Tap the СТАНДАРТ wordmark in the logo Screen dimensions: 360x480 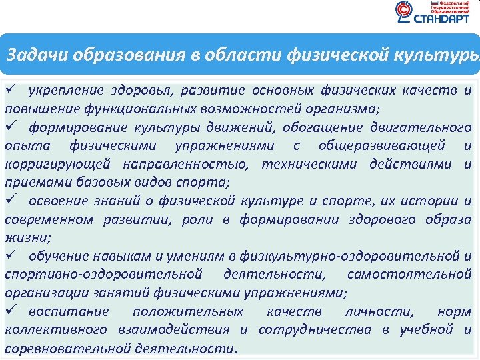441,19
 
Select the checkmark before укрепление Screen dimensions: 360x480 11,90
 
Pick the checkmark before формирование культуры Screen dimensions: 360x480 11,127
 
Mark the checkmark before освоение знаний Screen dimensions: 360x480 11,201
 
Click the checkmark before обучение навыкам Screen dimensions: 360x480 11,256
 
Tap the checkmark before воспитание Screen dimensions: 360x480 11,311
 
